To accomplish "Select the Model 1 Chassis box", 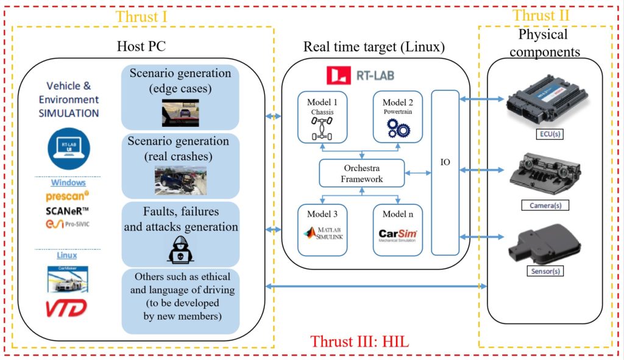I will click(x=322, y=118).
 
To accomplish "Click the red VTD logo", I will click(x=66, y=308).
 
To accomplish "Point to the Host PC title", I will click(x=141, y=46).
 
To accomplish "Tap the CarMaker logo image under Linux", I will click(x=68, y=278).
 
